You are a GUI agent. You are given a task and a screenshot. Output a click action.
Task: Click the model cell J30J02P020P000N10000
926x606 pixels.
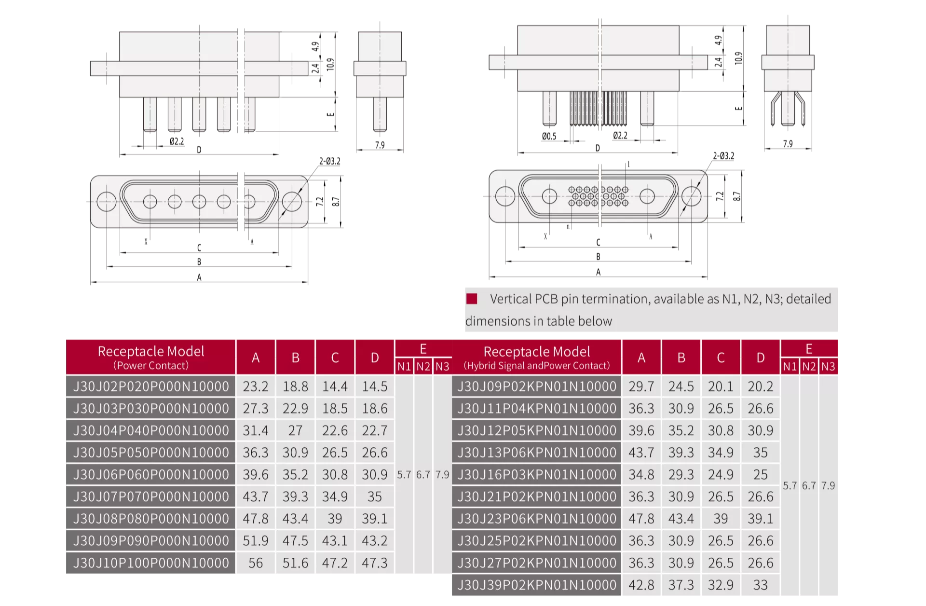coord(150,386)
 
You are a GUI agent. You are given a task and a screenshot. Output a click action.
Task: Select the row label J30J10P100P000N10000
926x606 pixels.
coord(150,563)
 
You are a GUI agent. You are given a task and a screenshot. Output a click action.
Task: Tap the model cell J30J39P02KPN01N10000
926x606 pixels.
coord(536,585)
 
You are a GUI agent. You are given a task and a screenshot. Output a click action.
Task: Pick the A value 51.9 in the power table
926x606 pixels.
coord(256,541)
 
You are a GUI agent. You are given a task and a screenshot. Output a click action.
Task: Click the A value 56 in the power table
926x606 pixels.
coord(256,563)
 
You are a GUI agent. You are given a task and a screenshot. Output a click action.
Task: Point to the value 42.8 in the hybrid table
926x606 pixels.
coord(641,585)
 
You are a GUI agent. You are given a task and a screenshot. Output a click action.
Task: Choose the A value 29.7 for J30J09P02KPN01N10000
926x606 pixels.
coord(641,386)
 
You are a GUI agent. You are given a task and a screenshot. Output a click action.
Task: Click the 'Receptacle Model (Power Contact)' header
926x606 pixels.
coord(150,357)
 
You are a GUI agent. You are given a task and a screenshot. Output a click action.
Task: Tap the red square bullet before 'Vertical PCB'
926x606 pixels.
coord(472,299)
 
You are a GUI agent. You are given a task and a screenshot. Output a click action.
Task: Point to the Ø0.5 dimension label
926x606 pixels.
coord(549,136)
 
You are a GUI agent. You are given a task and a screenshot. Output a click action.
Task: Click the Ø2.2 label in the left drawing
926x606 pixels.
coord(177,141)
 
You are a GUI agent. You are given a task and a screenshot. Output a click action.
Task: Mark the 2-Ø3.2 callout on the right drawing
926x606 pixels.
coord(723,156)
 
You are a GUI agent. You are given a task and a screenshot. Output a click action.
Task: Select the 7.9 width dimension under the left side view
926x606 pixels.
coord(380,145)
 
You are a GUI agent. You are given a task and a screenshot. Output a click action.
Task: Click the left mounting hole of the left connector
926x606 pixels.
coord(106,202)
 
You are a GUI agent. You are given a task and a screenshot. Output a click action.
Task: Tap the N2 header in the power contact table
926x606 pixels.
coord(423,367)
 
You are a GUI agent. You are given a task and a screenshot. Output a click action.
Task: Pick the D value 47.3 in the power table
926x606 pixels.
coord(375,563)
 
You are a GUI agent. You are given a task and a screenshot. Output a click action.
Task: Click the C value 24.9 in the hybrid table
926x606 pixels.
coord(721,475)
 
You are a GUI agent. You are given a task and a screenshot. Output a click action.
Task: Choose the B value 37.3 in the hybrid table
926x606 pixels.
coord(681,585)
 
